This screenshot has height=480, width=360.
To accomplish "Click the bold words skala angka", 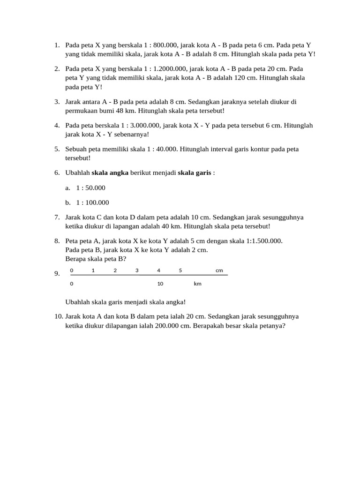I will click(110, 172).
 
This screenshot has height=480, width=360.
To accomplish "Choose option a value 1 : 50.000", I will click(91, 187).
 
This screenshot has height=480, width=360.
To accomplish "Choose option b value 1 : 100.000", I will click(92, 202).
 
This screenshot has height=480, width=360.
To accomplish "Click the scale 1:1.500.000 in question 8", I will click(262, 240).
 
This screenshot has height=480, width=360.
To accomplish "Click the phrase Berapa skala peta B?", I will click(96, 258).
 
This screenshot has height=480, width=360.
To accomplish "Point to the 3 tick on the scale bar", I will click(137, 270).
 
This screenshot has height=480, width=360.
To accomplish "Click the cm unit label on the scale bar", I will click(219, 270).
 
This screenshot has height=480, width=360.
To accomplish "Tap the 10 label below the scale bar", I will click(160, 284).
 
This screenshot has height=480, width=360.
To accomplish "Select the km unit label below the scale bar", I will click(197, 284).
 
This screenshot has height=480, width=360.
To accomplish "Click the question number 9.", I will click(57, 274).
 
